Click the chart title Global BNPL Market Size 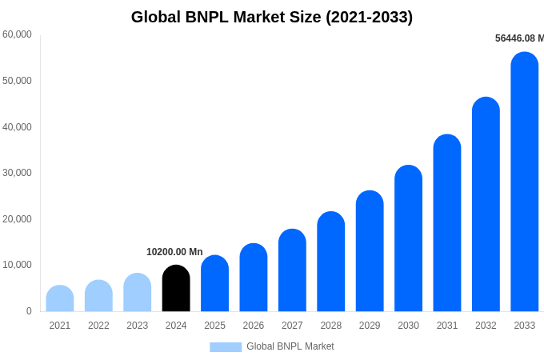(x=272, y=17)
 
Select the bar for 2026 (x=254, y=278)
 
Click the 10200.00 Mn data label (x=174, y=252)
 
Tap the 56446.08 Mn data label (x=519, y=38)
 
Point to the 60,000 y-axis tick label (x=18, y=34)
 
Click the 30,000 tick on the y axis (x=18, y=173)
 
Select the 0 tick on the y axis (x=29, y=311)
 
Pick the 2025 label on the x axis (x=214, y=326)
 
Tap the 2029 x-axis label (x=370, y=326)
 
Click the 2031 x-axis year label (x=447, y=326)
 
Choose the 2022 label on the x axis (x=98, y=326)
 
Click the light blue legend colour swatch (x=226, y=347)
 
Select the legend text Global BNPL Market (x=290, y=346)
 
